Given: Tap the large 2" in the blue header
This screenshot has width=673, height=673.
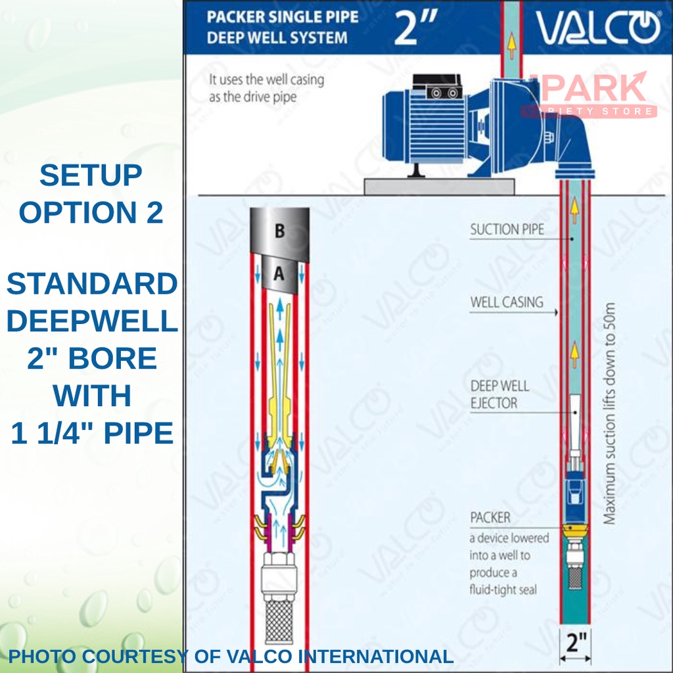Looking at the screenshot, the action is (x=407, y=28).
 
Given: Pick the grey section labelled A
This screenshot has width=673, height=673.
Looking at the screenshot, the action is (x=279, y=275).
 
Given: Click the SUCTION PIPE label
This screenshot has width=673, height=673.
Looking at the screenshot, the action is (x=507, y=230).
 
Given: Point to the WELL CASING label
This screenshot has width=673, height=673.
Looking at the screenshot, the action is (x=507, y=302).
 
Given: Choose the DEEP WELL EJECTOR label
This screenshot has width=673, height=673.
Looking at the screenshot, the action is (x=499, y=394).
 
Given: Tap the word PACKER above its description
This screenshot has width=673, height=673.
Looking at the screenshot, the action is (x=490, y=517).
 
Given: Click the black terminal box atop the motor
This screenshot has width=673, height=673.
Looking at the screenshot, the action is (x=444, y=92).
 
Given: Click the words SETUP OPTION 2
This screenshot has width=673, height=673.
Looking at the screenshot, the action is (x=91, y=195).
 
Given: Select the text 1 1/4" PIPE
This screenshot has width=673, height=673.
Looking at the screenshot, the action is (x=92, y=433).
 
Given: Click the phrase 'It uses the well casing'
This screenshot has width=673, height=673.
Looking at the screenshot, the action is (x=266, y=80).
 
